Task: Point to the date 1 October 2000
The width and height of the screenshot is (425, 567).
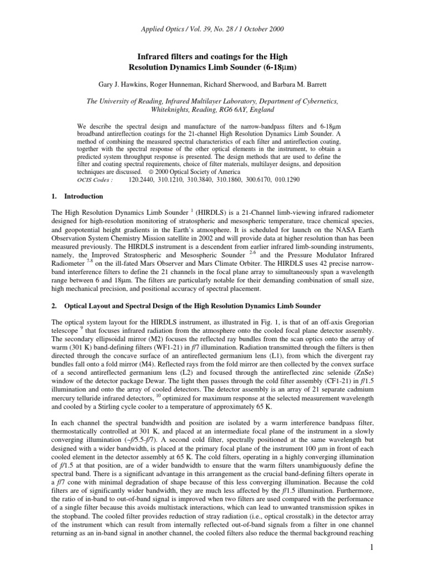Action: tap(266, 29)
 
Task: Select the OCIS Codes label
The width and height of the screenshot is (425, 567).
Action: tap(95, 181)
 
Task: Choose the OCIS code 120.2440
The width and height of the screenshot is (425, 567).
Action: tap(142, 181)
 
